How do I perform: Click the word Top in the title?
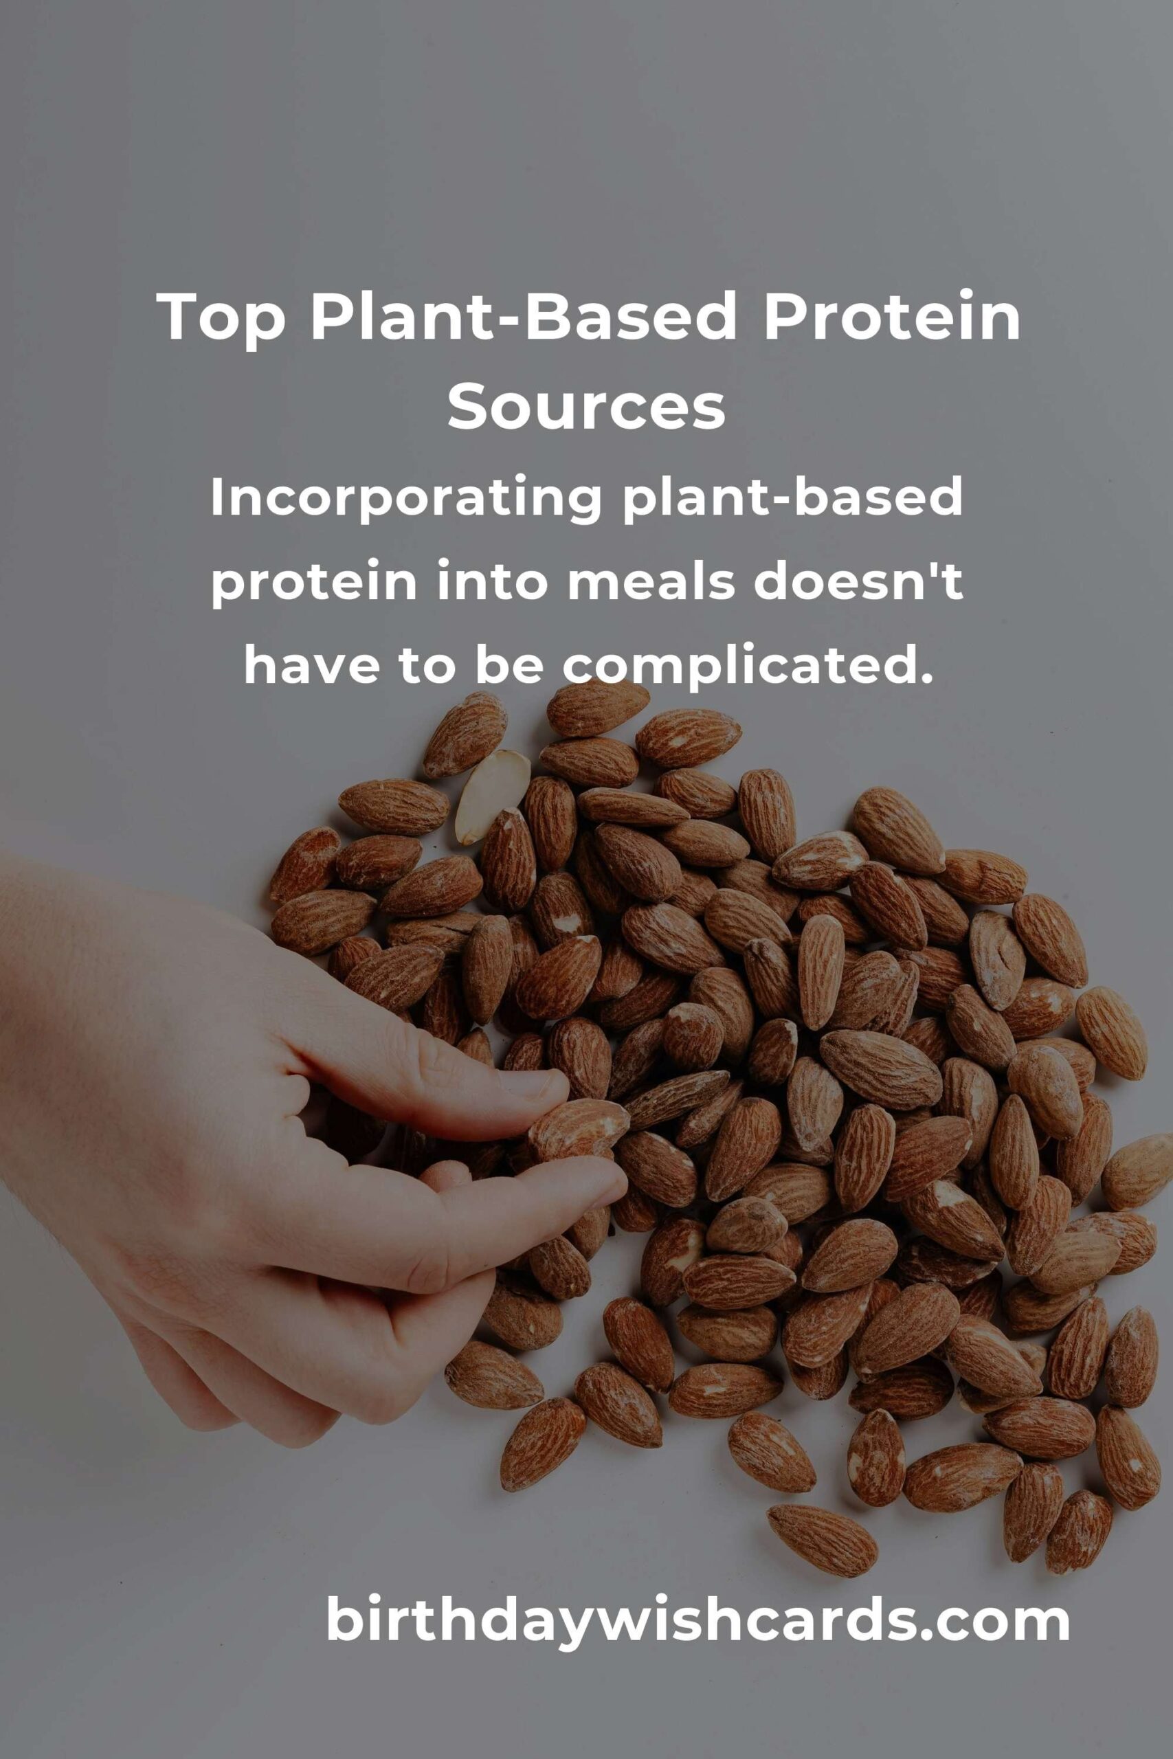pyautogui.click(x=221, y=318)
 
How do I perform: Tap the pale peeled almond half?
pyautogui.click(x=492, y=796)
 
